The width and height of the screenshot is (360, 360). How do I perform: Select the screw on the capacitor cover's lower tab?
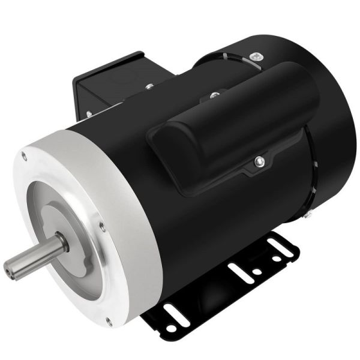pos(257,161)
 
